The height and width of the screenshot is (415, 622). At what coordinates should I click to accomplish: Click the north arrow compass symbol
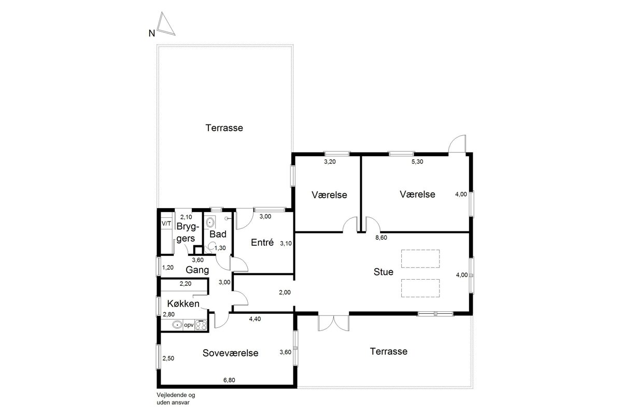click(165, 25)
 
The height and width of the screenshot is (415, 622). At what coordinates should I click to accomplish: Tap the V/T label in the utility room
click(166, 224)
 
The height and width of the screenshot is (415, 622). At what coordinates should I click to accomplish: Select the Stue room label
click(384, 272)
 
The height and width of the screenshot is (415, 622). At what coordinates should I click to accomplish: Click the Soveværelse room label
click(231, 353)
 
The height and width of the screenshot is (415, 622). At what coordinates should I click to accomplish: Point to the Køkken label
click(183, 303)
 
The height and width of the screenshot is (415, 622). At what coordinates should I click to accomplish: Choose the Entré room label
click(262, 242)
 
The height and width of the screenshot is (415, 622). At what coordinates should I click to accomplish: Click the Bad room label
click(218, 234)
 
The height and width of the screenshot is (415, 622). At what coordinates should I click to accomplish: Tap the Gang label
click(197, 270)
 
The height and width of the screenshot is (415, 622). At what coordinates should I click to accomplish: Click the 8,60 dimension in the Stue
click(381, 238)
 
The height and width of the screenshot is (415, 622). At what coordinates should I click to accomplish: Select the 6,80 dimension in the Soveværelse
click(229, 380)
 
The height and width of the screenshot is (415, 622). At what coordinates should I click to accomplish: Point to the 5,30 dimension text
click(417, 162)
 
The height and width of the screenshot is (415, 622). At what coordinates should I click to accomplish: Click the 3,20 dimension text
click(330, 162)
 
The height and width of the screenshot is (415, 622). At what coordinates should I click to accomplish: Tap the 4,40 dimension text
click(255, 319)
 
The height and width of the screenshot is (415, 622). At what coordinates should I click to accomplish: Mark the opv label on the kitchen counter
click(189, 325)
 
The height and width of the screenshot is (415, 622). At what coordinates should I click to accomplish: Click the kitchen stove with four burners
click(201, 325)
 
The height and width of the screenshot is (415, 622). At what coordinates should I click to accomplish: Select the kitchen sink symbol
click(177, 325)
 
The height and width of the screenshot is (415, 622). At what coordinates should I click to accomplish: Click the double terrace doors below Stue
click(333, 323)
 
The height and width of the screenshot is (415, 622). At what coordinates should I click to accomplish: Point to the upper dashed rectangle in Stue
click(420, 259)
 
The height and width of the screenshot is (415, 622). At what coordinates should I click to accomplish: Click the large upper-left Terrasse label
click(224, 128)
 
